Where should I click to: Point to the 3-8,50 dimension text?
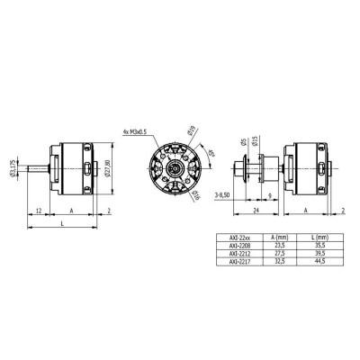(226, 193)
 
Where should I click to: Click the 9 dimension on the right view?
(270, 193)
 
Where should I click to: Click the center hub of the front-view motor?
(169, 167)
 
